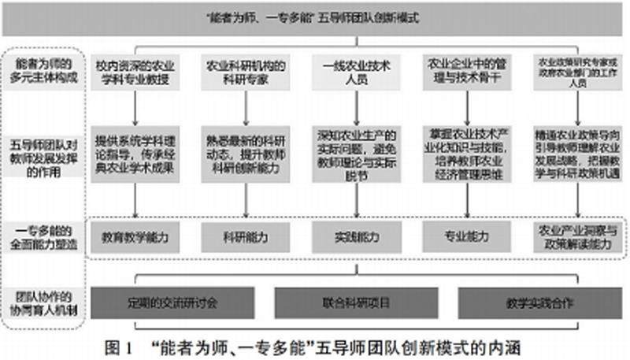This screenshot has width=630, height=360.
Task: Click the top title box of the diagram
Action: (315, 17)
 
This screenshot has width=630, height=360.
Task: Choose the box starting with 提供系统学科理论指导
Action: (135, 150)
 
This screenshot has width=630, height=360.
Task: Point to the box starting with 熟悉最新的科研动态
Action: (246, 150)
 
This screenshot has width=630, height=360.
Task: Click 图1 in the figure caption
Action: (119, 346)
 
